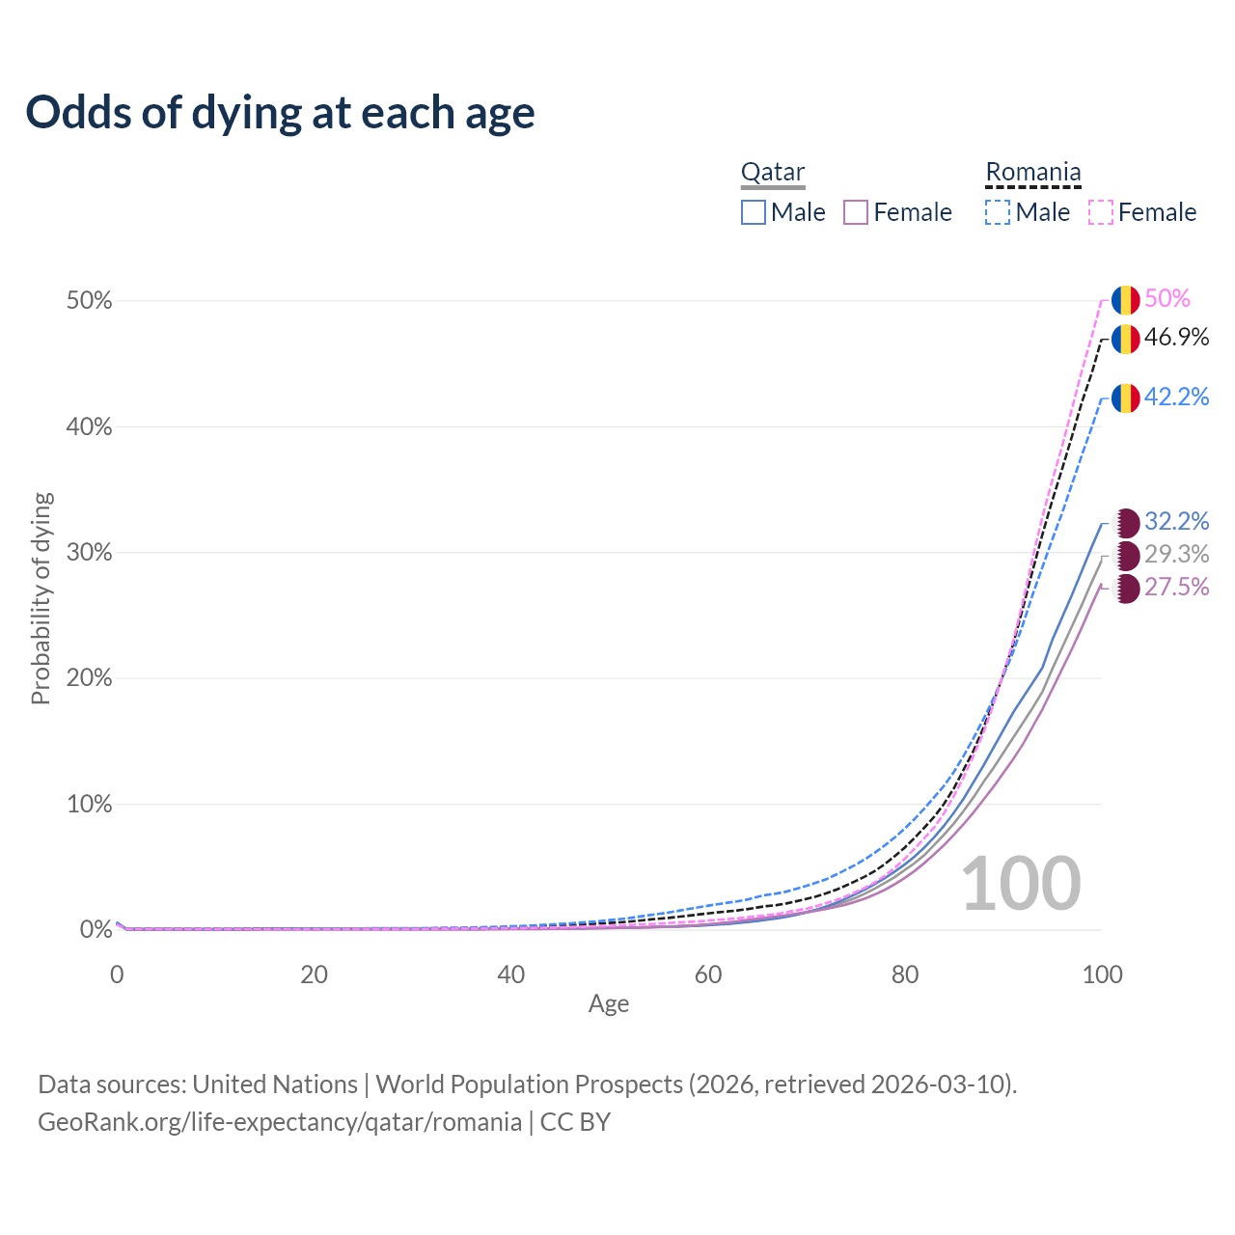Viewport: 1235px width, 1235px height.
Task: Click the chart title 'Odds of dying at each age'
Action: (x=280, y=113)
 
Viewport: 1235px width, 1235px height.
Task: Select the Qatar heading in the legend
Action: (x=772, y=173)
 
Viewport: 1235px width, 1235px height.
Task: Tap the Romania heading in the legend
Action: (x=1032, y=173)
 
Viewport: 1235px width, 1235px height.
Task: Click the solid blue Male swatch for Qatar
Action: (x=754, y=212)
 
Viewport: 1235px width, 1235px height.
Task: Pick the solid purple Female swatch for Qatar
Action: (x=856, y=212)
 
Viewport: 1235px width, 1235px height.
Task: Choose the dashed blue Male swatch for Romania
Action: (x=998, y=212)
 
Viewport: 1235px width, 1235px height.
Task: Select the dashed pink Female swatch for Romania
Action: (x=1101, y=212)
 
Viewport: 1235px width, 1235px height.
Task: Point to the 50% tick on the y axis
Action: (x=89, y=301)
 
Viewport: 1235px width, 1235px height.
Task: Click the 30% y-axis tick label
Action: (x=89, y=553)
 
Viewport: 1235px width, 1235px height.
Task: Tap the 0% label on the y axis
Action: (x=96, y=930)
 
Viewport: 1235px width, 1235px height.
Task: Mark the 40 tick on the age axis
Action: (x=510, y=974)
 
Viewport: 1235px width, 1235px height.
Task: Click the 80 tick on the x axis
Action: (x=905, y=974)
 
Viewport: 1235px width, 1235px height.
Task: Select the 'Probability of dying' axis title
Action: (x=41, y=598)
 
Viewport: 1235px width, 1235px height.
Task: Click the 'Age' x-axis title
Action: (x=609, y=1004)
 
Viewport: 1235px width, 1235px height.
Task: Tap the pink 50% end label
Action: (x=1167, y=299)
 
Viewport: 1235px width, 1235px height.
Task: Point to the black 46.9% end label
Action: (x=1176, y=338)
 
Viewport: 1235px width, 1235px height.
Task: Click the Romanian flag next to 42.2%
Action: (x=1126, y=398)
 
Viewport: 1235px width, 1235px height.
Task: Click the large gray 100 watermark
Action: (x=1021, y=884)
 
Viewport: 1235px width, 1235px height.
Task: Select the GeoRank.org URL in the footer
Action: (x=280, y=1122)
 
